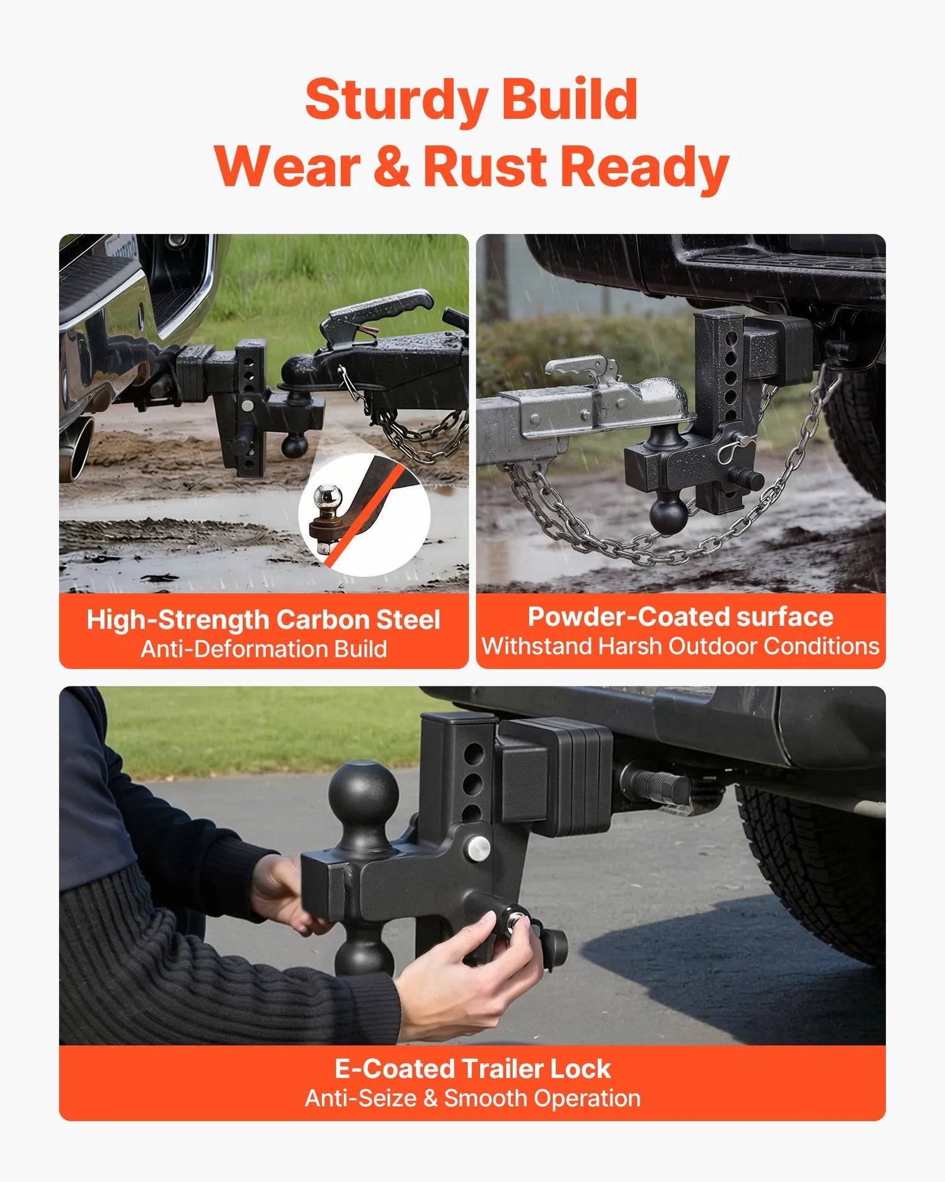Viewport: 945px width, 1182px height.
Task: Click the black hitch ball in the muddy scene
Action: tap(294, 445)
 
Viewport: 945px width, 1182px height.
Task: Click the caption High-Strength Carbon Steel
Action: tap(263, 620)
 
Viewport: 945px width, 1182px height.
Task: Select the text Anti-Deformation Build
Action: tap(263, 649)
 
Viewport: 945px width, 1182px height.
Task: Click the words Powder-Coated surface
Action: tap(680, 617)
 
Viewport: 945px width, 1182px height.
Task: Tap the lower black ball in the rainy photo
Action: tap(669, 513)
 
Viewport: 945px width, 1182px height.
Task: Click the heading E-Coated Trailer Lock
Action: tap(472, 1069)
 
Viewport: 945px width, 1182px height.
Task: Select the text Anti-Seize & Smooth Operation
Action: tap(472, 1099)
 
